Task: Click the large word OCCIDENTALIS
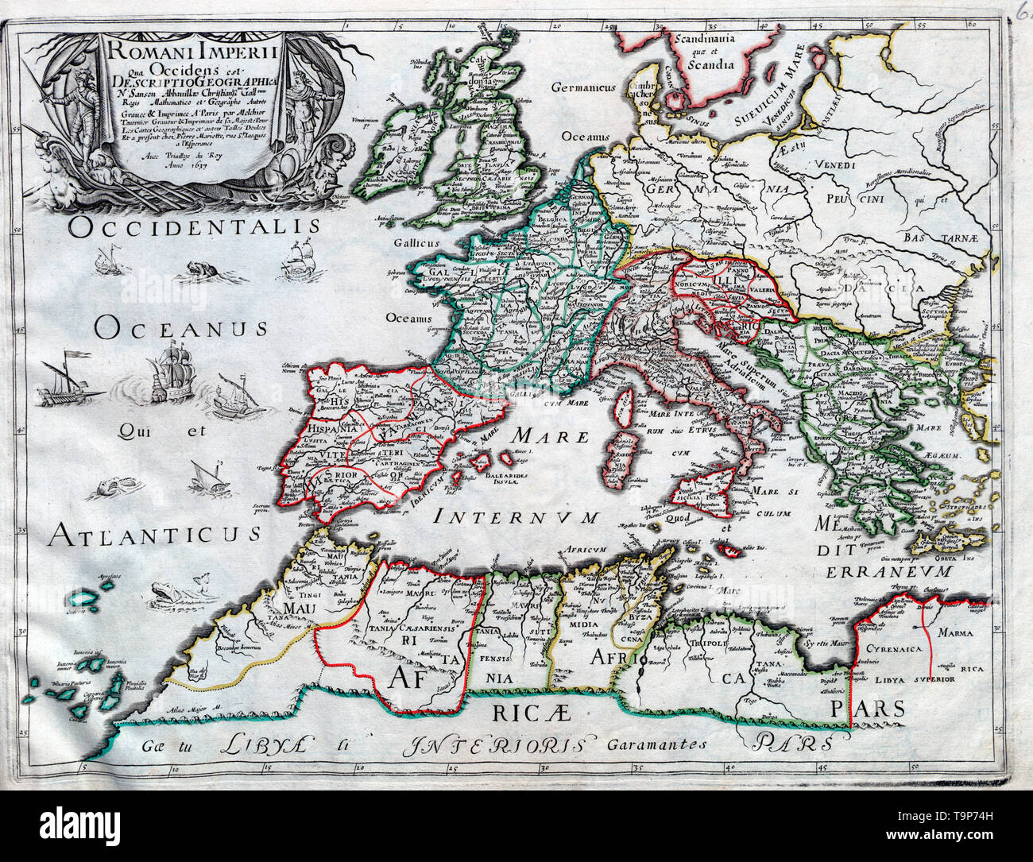(x=194, y=228)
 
